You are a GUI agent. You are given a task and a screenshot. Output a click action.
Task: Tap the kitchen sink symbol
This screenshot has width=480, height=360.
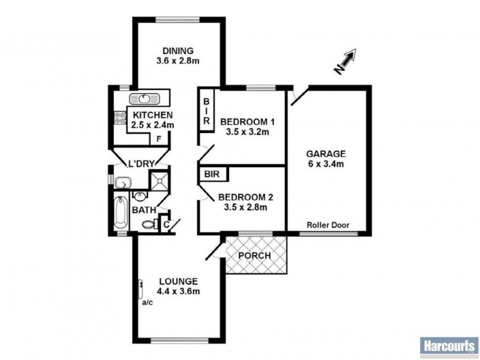145,98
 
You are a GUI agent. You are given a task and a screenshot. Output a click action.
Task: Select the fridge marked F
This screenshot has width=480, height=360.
158,139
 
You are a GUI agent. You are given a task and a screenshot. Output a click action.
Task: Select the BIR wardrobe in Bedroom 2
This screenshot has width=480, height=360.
211,175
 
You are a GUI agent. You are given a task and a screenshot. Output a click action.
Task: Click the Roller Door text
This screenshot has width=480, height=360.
328,226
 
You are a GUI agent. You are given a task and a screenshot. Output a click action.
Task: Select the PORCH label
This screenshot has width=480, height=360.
255,256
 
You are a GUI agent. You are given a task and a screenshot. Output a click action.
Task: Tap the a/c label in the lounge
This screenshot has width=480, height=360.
147,302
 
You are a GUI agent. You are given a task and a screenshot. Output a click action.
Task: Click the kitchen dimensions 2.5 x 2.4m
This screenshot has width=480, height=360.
152,125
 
